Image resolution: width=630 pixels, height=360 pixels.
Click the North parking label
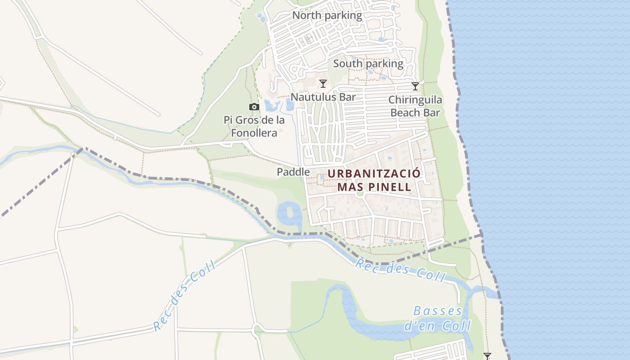point(327,15)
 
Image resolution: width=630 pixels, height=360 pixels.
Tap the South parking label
point(368,63)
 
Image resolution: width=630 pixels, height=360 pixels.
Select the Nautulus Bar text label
point(323,97)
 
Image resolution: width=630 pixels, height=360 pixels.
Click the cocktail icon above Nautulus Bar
point(323,83)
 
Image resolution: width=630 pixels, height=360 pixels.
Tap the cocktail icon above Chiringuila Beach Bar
point(415,86)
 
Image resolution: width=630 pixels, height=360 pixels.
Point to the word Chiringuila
point(415,100)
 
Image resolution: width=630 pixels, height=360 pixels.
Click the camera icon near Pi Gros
point(254,107)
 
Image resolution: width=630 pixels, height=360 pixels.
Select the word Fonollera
point(254,133)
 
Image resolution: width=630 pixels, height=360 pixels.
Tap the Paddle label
point(293,171)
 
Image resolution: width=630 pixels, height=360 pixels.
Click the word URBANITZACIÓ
point(374,174)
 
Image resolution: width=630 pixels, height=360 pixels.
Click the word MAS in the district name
point(349,186)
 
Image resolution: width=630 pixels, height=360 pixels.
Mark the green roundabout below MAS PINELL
point(360,194)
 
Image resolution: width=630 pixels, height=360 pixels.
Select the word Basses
point(438,311)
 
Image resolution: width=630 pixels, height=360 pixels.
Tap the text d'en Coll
point(438,325)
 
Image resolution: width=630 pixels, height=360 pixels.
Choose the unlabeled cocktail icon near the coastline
point(487,356)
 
